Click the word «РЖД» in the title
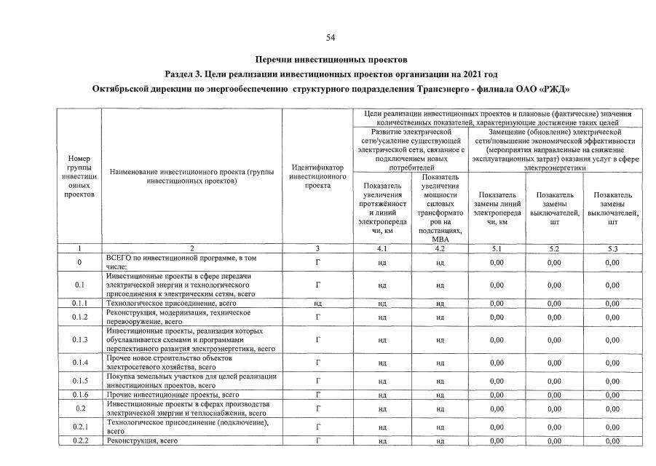551,89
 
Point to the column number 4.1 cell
382,249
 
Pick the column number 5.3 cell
612,249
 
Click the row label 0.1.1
79,302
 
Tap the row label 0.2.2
79,441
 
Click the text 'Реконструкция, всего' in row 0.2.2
142,441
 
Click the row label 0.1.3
79,339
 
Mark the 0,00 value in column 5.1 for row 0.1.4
497,363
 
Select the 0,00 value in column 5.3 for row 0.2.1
612,427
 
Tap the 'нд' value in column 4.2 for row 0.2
440,408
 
